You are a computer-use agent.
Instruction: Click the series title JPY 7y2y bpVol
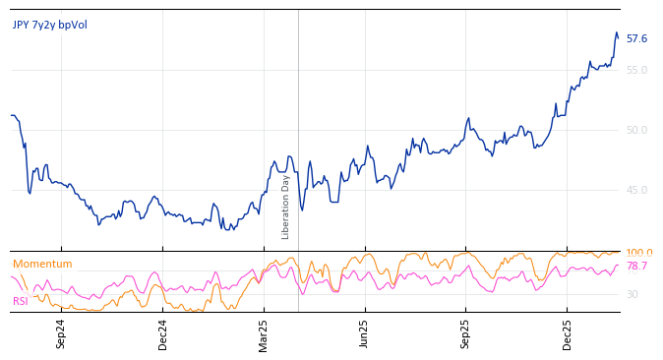click(x=49, y=25)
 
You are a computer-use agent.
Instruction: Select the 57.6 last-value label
click(x=636, y=39)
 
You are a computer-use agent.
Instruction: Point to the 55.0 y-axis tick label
click(x=636, y=70)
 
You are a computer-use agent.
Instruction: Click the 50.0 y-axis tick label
click(x=636, y=130)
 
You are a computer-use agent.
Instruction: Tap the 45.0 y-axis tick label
click(x=636, y=190)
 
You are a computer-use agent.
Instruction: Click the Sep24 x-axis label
click(x=61, y=332)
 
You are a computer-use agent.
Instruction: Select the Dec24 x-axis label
click(x=163, y=332)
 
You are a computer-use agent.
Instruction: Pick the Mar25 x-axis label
click(x=264, y=332)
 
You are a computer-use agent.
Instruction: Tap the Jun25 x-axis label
click(x=365, y=332)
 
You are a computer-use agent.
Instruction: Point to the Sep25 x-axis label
click(x=466, y=332)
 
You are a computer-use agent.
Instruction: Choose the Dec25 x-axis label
click(x=568, y=332)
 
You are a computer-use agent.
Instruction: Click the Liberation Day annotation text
click(x=286, y=207)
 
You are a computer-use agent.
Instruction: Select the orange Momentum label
click(x=42, y=264)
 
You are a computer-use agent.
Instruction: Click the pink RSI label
click(x=20, y=301)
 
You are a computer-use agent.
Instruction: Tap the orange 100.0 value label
click(x=638, y=254)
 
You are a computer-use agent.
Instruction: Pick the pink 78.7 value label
click(x=636, y=267)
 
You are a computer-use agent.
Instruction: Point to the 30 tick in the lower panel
click(x=632, y=294)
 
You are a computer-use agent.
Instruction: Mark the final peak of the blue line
click(x=616, y=33)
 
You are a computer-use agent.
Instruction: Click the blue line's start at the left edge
click(x=11, y=116)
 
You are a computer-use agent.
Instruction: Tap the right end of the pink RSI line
click(x=619, y=266)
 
